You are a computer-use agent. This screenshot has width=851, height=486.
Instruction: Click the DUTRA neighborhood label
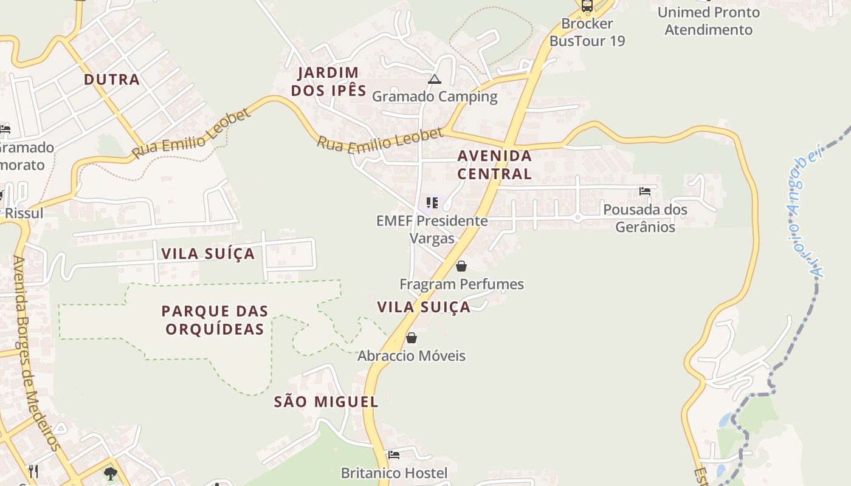112,80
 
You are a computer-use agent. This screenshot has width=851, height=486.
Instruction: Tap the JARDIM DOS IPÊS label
328,82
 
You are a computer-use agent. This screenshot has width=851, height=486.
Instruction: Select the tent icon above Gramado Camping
434,79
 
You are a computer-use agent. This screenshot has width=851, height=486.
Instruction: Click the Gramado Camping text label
435,97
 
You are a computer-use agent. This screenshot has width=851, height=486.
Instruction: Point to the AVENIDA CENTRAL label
494,165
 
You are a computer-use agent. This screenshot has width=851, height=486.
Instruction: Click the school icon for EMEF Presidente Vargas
432,203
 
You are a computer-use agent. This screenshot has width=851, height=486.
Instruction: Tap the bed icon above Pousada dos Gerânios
645,191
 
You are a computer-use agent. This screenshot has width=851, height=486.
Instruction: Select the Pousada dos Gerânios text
645,219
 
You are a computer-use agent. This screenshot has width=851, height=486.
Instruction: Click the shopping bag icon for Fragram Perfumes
461,266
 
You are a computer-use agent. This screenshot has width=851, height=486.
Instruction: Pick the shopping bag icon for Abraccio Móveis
412,338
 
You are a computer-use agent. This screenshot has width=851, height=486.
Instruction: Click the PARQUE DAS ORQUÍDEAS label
215,320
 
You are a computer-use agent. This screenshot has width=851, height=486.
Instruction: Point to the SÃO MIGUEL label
326,402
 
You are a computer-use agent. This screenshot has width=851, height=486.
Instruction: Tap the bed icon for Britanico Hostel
394,454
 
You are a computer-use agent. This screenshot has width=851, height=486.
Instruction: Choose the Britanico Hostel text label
394,473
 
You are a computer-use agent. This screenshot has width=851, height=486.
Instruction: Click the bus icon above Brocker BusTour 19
587,6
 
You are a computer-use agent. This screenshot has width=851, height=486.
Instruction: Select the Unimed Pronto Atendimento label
708,21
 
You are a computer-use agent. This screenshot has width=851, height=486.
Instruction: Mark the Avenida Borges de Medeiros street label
36,352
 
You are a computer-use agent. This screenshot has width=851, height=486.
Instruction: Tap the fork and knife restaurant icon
33,471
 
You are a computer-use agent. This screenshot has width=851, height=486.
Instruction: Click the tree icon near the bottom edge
110,473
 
